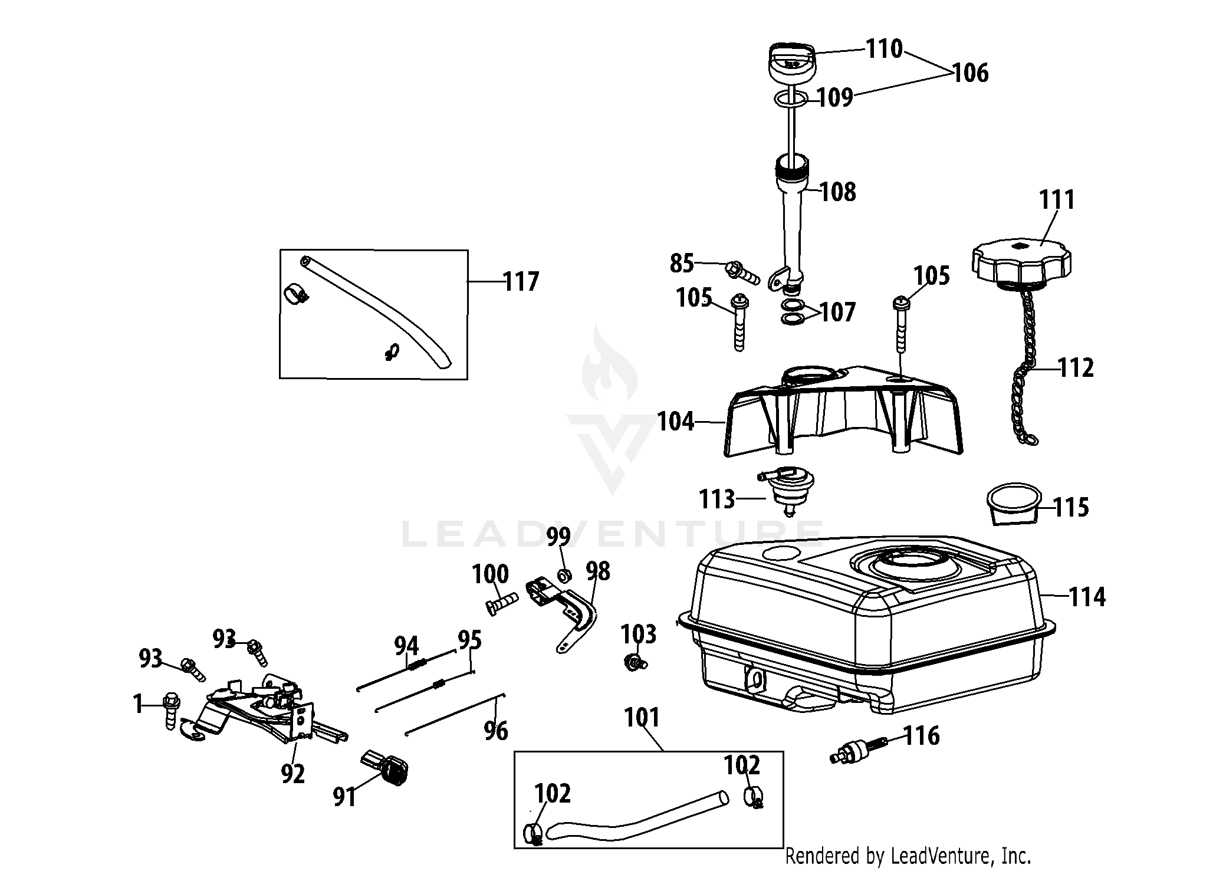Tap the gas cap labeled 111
pos(1021,262)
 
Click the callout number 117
pos(521,282)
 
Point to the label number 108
pos(837,192)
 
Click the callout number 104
pos(676,422)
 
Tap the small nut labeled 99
pos(564,576)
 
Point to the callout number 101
pos(642,718)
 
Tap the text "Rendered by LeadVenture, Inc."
pos(908,855)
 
